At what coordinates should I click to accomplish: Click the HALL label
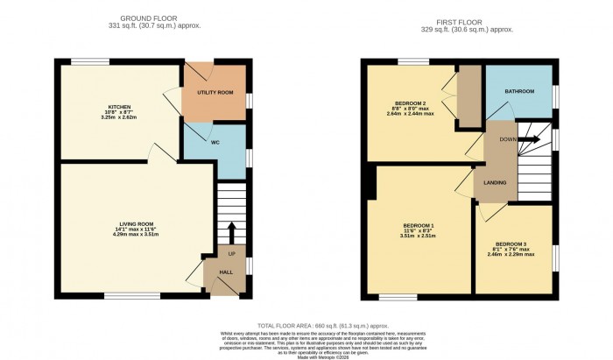point(225,272)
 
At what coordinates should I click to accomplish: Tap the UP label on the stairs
point(232,254)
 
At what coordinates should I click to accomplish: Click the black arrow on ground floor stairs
point(232,233)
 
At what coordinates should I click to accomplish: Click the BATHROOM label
point(520,91)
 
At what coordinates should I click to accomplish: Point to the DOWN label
point(507,138)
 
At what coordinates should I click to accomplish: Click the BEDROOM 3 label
point(512,244)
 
